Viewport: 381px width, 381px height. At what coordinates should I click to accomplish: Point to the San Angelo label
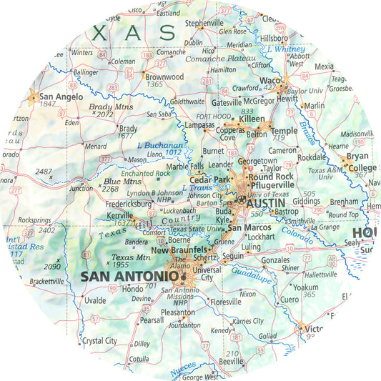tap(60, 97)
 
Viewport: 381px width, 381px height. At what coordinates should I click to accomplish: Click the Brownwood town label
tap(165, 76)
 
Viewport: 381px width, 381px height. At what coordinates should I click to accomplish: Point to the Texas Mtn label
tap(129, 257)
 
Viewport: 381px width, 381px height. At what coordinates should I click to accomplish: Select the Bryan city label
tap(358, 156)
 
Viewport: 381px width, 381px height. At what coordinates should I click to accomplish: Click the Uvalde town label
tap(94, 300)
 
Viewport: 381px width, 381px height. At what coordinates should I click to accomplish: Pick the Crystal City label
tap(99, 341)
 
